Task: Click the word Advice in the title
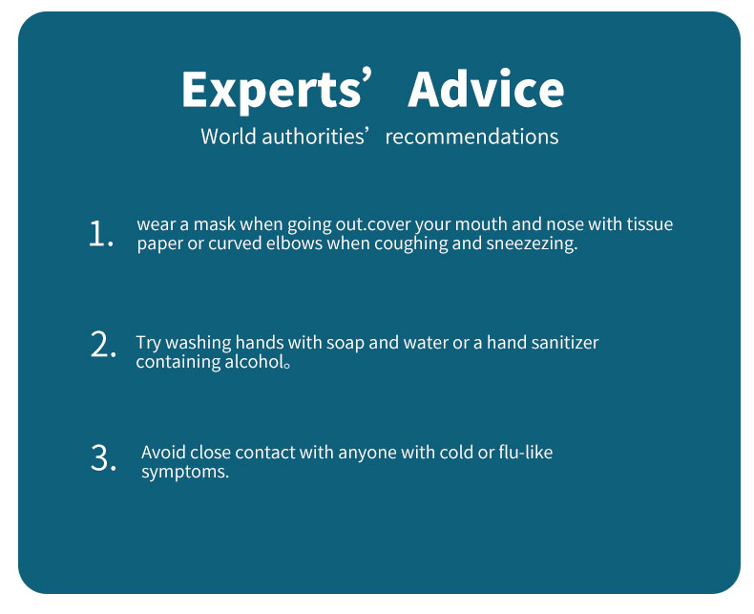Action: (486, 89)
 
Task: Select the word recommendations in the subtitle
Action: (471, 137)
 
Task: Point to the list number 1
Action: (101, 234)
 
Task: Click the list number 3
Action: (103, 457)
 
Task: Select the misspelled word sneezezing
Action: (532, 243)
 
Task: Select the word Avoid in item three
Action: (163, 453)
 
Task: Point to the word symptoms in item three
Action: (185, 472)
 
